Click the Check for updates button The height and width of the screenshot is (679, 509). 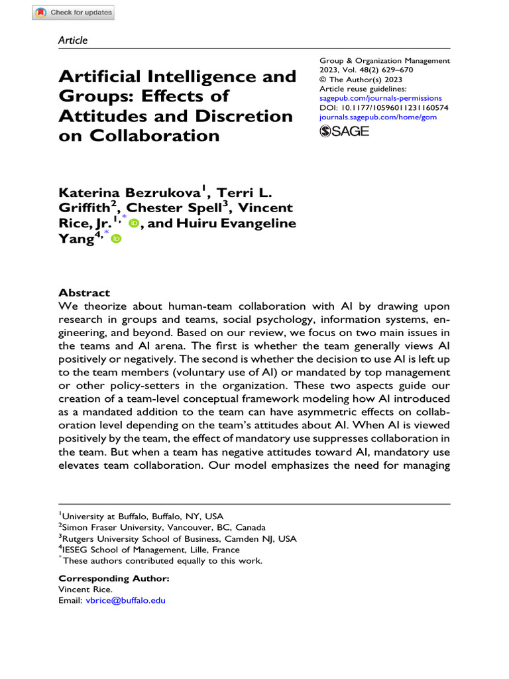tap(74, 13)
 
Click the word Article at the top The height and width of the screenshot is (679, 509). tap(73, 40)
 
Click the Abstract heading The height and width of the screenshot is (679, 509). tap(84, 292)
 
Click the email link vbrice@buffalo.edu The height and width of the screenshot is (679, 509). tap(125, 600)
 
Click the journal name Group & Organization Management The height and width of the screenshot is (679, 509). tap(384, 61)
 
